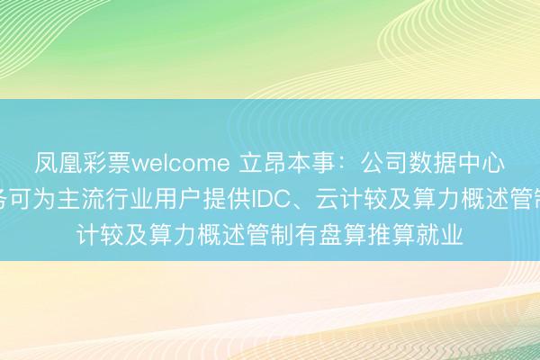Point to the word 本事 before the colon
296,164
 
